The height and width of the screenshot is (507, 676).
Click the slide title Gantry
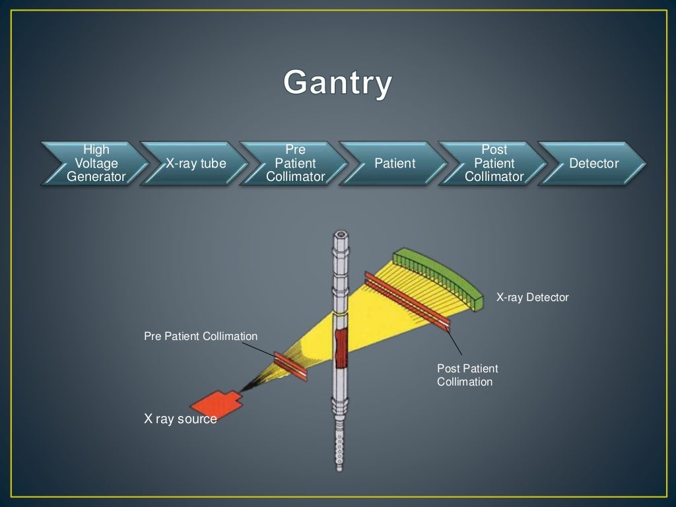(x=338, y=84)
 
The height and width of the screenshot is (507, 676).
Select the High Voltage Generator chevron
(x=96, y=163)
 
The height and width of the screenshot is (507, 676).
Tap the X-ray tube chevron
(x=195, y=163)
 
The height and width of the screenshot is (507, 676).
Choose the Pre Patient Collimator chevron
(x=295, y=163)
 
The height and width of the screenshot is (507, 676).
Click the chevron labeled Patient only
(x=395, y=163)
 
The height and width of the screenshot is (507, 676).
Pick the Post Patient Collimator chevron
(x=494, y=163)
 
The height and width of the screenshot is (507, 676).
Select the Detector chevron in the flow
(x=593, y=163)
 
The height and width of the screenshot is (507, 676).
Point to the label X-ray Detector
(x=532, y=298)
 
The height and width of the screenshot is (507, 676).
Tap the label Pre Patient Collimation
(x=201, y=337)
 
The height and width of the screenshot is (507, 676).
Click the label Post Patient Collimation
(x=467, y=375)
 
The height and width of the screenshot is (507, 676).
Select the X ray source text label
(x=180, y=419)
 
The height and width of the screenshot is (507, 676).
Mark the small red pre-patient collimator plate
(x=290, y=366)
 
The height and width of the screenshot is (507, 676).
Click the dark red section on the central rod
(x=341, y=349)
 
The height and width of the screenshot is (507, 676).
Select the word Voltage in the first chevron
(x=96, y=163)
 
